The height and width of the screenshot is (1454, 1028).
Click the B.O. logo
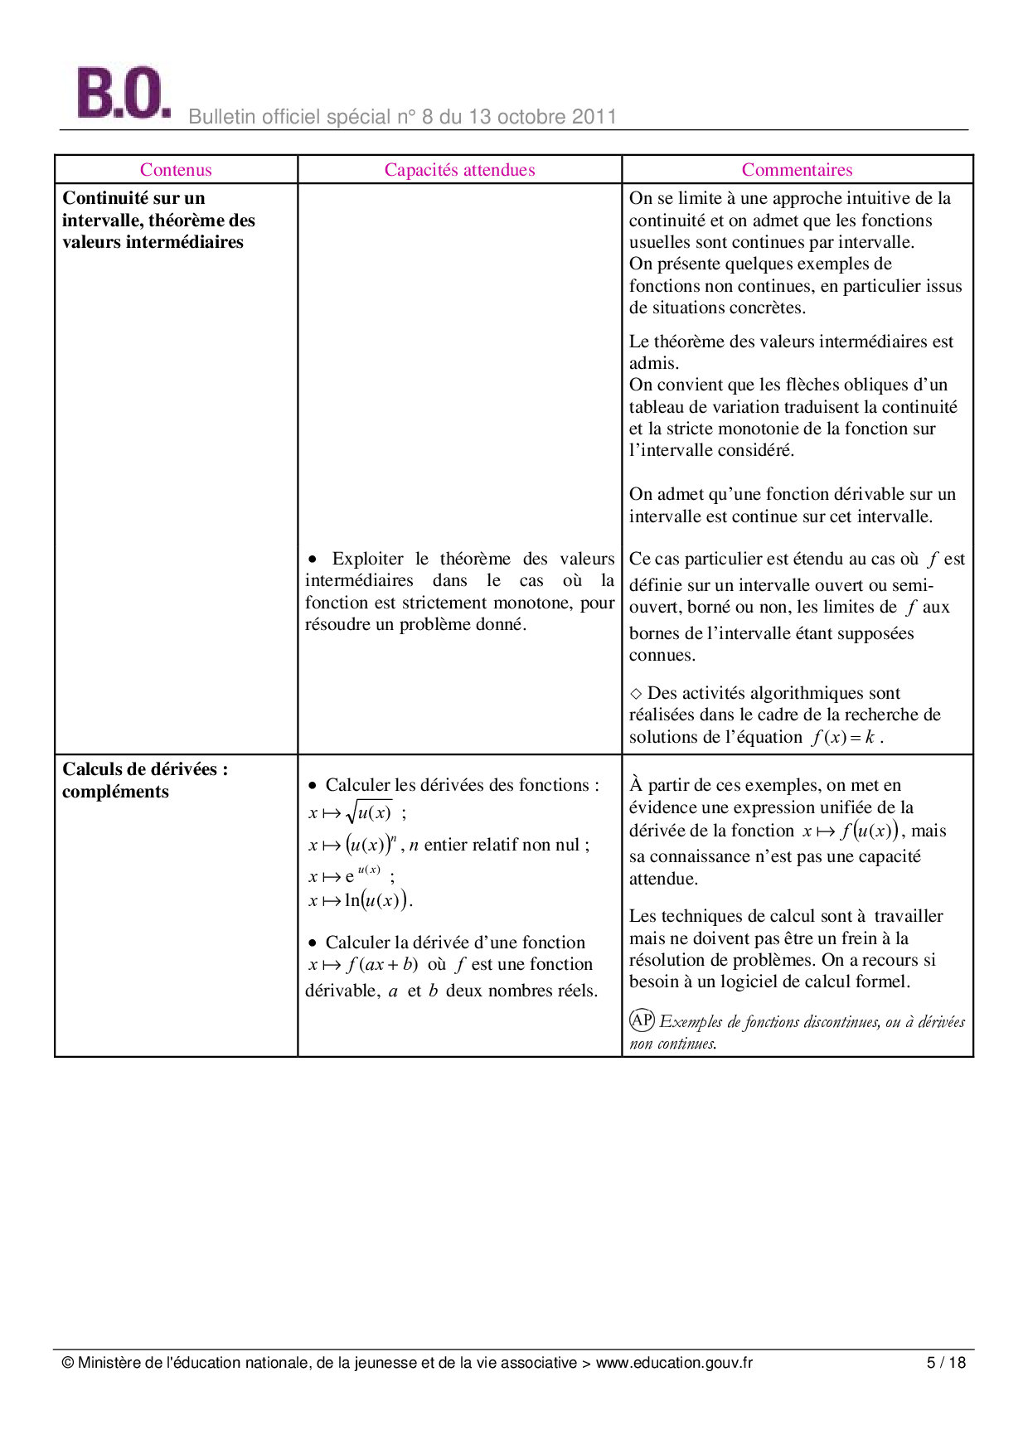[123, 93]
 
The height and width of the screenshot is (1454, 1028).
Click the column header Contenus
[176, 170]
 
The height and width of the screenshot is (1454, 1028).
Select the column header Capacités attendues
[459, 170]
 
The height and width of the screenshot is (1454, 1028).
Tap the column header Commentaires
[797, 170]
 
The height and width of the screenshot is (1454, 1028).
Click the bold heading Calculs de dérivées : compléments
[144, 780]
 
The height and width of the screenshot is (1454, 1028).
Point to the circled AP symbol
[642, 1020]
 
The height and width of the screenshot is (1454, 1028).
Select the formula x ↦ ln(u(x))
[359, 900]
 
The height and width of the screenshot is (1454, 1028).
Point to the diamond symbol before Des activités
[636, 694]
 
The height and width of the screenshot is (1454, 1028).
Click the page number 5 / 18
[946, 1363]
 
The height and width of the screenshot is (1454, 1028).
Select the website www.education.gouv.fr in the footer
[674, 1363]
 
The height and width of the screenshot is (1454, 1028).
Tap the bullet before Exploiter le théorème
[313, 560]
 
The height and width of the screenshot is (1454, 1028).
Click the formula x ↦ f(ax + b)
[363, 965]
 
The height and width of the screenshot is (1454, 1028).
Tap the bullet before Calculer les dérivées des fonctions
[313, 786]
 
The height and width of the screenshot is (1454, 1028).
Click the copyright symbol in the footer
[68, 1363]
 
